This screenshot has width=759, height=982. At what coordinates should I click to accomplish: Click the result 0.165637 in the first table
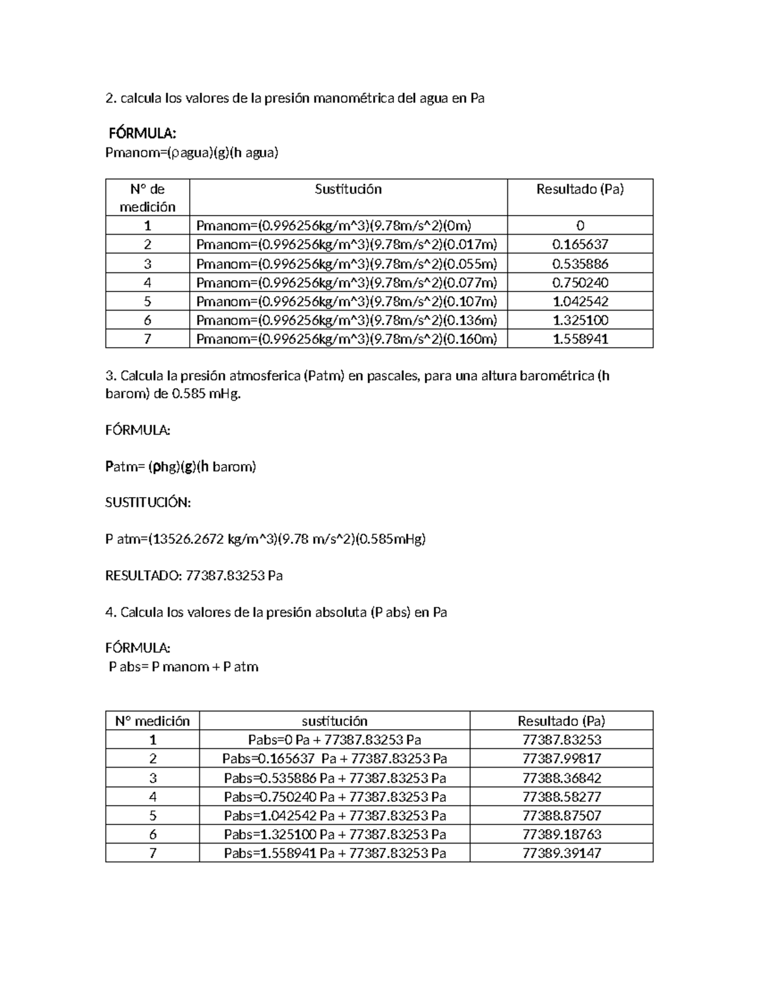tap(580, 244)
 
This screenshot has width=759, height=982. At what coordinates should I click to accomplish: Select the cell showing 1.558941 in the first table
tap(580, 339)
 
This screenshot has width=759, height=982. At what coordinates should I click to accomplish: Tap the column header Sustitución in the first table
tap(348, 189)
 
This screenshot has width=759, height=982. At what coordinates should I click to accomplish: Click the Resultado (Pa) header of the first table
tap(580, 189)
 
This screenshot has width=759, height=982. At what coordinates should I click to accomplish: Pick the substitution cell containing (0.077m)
tap(347, 282)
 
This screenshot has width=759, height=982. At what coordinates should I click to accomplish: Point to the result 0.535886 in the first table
tap(580, 263)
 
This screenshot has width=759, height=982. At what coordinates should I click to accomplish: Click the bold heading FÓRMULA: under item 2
tap(142, 133)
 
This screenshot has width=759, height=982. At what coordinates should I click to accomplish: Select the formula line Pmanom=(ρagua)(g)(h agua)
tap(192, 152)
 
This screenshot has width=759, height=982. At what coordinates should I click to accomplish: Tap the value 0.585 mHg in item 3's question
tap(206, 394)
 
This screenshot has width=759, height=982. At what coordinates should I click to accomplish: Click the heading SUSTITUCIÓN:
tap(147, 503)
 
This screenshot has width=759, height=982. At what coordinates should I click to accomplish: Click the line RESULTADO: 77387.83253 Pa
tap(193, 576)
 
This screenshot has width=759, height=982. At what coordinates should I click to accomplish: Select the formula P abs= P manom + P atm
tap(183, 667)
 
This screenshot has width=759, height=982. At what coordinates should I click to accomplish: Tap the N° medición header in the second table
tap(152, 721)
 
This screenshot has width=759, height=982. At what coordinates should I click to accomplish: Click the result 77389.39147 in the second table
tap(562, 853)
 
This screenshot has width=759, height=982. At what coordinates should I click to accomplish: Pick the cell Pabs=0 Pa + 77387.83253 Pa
tap(335, 740)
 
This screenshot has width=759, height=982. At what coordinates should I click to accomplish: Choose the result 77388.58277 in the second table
tap(562, 797)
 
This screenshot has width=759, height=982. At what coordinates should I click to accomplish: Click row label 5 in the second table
tap(152, 816)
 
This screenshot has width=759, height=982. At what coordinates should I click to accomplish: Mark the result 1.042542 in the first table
tap(580, 301)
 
